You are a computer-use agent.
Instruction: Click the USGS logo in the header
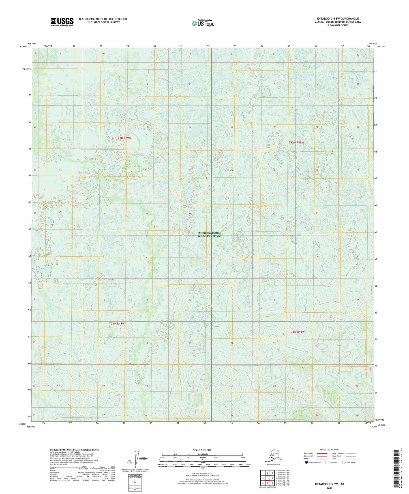coord(62,22)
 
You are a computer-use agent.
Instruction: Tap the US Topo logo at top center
coord(203,23)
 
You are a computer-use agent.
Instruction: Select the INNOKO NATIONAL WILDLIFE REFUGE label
coord(209,235)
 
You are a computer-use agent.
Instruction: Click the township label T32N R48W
coord(296,143)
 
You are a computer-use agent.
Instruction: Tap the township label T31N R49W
coord(117,323)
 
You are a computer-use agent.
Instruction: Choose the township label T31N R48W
coord(297,332)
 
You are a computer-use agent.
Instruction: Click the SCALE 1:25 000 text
coord(202,450)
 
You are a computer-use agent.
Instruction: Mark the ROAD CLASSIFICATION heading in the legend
coord(329,450)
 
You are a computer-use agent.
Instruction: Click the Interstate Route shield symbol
coord(306,462)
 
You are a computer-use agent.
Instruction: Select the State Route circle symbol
coord(344,462)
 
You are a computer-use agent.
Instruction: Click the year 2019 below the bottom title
coord(329,488)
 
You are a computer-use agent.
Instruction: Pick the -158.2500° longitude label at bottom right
coord(373,427)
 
